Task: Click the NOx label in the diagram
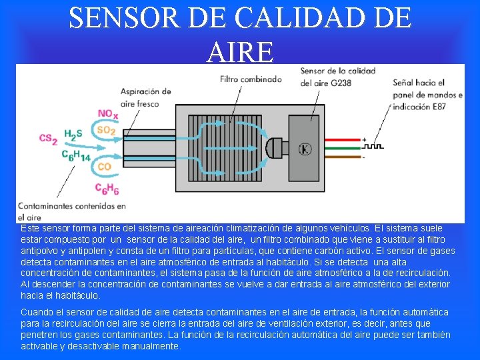click(x=108, y=115)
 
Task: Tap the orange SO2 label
click(x=105, y=130)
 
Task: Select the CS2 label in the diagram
click(x=48, y=138)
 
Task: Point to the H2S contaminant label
click(x=73, y=134)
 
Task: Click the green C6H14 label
click(x=75, y=155)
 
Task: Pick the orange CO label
click(x=104, y=166)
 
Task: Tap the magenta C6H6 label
click(x=107, y=189)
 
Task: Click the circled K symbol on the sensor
click(x=305, y=148)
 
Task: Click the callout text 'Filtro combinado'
click(x=251, y=79)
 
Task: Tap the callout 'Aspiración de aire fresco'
click(x=149, y=98)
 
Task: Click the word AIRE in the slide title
click(x=240, y=51)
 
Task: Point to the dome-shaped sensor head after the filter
click(x=273, y=147)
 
